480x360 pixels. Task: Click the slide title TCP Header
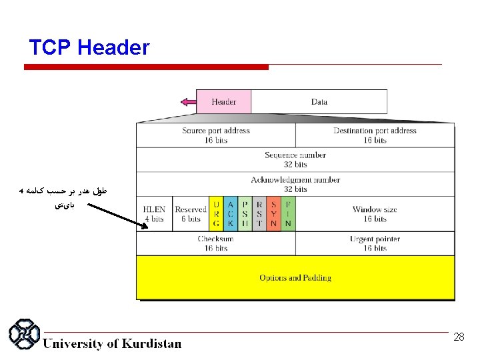(89, 48)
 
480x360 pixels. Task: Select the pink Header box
(223, 102)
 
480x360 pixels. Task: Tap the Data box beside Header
(319, 102)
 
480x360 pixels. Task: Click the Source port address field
(215, 135)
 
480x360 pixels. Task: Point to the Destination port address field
(375, 135)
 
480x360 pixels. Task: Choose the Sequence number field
(295, 159)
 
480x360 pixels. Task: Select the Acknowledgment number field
(295, 184)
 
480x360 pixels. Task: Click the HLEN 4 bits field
(154, 214)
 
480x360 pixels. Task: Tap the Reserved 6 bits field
(191, 214)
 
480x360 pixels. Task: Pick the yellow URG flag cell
(216, 214)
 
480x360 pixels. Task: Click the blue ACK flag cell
(231, 214)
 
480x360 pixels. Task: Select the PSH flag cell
(245, 214)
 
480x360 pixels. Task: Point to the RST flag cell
(259, 214)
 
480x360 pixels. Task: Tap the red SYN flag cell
(273, 214)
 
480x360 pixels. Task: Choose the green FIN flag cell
(288, 214)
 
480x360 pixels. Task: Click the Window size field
(375, 214)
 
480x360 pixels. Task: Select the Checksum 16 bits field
(215, 243)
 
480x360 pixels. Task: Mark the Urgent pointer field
(375, 243)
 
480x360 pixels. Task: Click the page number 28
(459, 337)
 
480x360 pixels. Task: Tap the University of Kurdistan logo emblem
(24, 336)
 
